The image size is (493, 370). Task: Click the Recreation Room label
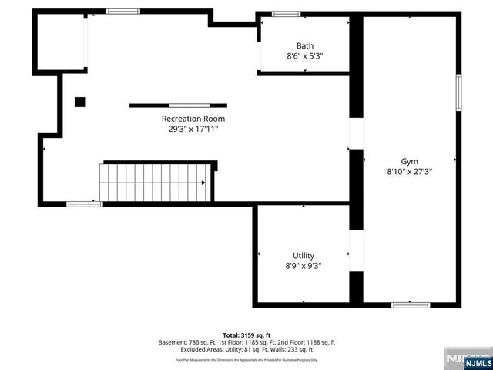[193, 119]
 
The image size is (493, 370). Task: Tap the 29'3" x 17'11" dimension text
[190, 129]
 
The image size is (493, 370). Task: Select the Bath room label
[305, 45]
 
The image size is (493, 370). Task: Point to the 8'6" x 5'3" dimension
[304, 55]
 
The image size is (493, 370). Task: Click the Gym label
[409, 161]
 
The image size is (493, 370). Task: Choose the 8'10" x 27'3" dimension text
[409, 172]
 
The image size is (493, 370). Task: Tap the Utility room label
[304, 256]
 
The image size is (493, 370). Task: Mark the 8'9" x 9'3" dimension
[304, 266]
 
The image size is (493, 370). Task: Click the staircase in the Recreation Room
[154, 183]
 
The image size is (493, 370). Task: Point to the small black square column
[79, 102]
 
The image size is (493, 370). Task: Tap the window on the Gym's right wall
[458, 93]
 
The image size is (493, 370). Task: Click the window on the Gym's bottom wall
[411, 305]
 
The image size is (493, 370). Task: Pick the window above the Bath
[287, 14]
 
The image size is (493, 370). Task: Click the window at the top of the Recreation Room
[122, 12]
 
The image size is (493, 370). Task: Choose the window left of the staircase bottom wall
[84, 204]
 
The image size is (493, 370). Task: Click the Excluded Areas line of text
[246, 349]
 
